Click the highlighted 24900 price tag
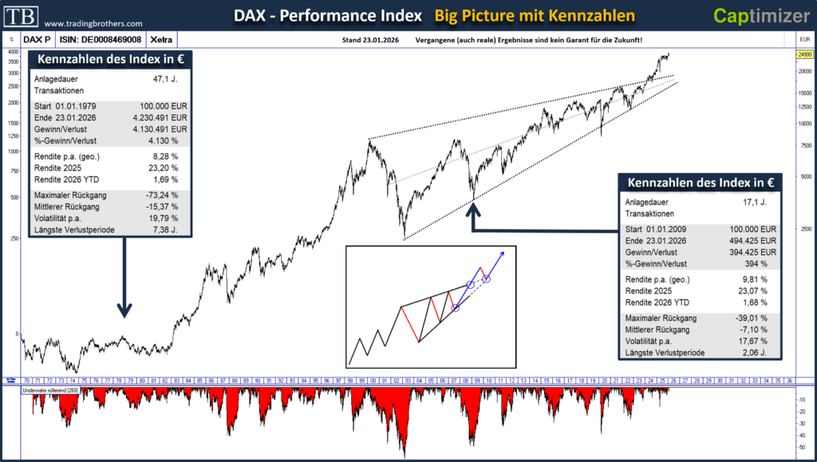pos(804,54)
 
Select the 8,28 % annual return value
pos(164,156)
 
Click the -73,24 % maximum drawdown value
pos(162,195)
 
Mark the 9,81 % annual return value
pos(755,278)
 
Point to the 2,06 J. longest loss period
pos(756,353)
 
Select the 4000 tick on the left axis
pos(14,52)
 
